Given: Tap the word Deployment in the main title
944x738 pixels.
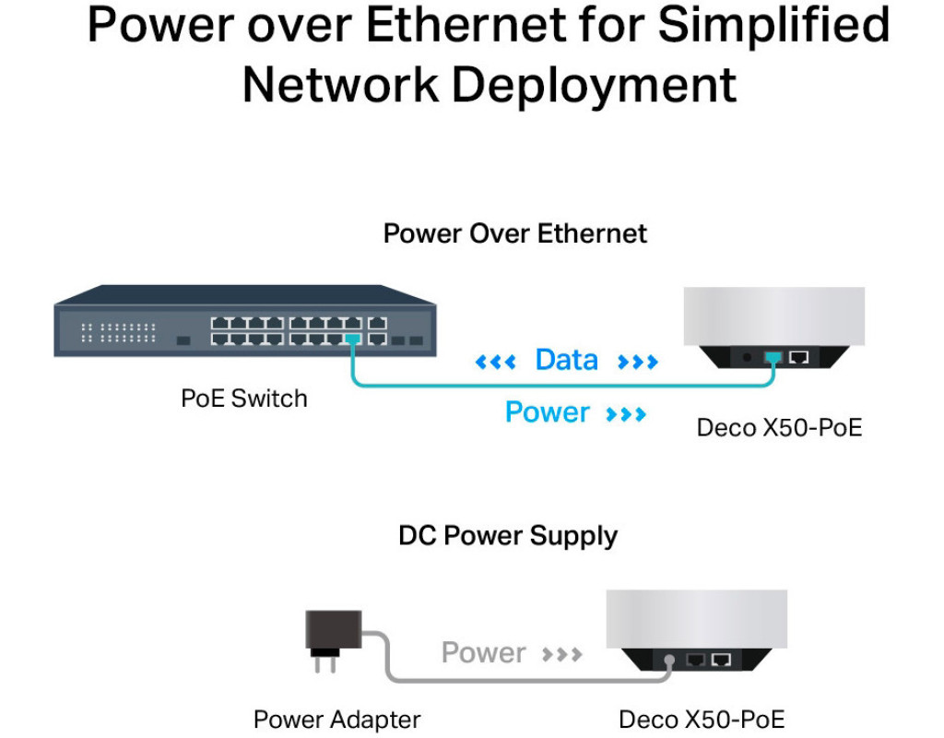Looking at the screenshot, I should tap(594, 85).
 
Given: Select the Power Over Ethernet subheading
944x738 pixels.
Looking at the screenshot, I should tap(514, 232).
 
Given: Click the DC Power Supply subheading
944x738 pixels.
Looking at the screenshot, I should tap(508, 535).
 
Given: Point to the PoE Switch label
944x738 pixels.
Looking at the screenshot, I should tap(243, 399).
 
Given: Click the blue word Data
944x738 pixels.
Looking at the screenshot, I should tap(566, 359).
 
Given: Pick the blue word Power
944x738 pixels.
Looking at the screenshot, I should tap(547, 411).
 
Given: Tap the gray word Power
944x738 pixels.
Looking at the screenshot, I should tap(483, 652).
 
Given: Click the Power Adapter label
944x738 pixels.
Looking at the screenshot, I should tap(336, 719).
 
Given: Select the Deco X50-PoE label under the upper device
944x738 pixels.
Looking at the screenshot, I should tap(779, 427).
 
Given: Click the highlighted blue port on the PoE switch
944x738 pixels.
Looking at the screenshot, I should tap(351, 339).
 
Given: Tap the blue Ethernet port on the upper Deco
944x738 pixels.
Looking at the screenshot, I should tap(773, 356).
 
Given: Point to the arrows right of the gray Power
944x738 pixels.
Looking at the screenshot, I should tap(561, 654).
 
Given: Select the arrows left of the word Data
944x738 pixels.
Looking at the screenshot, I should tap(494, 361).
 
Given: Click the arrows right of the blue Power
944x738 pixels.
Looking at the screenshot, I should tap(626, 413).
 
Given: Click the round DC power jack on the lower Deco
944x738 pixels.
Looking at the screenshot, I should tap(669, 660).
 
